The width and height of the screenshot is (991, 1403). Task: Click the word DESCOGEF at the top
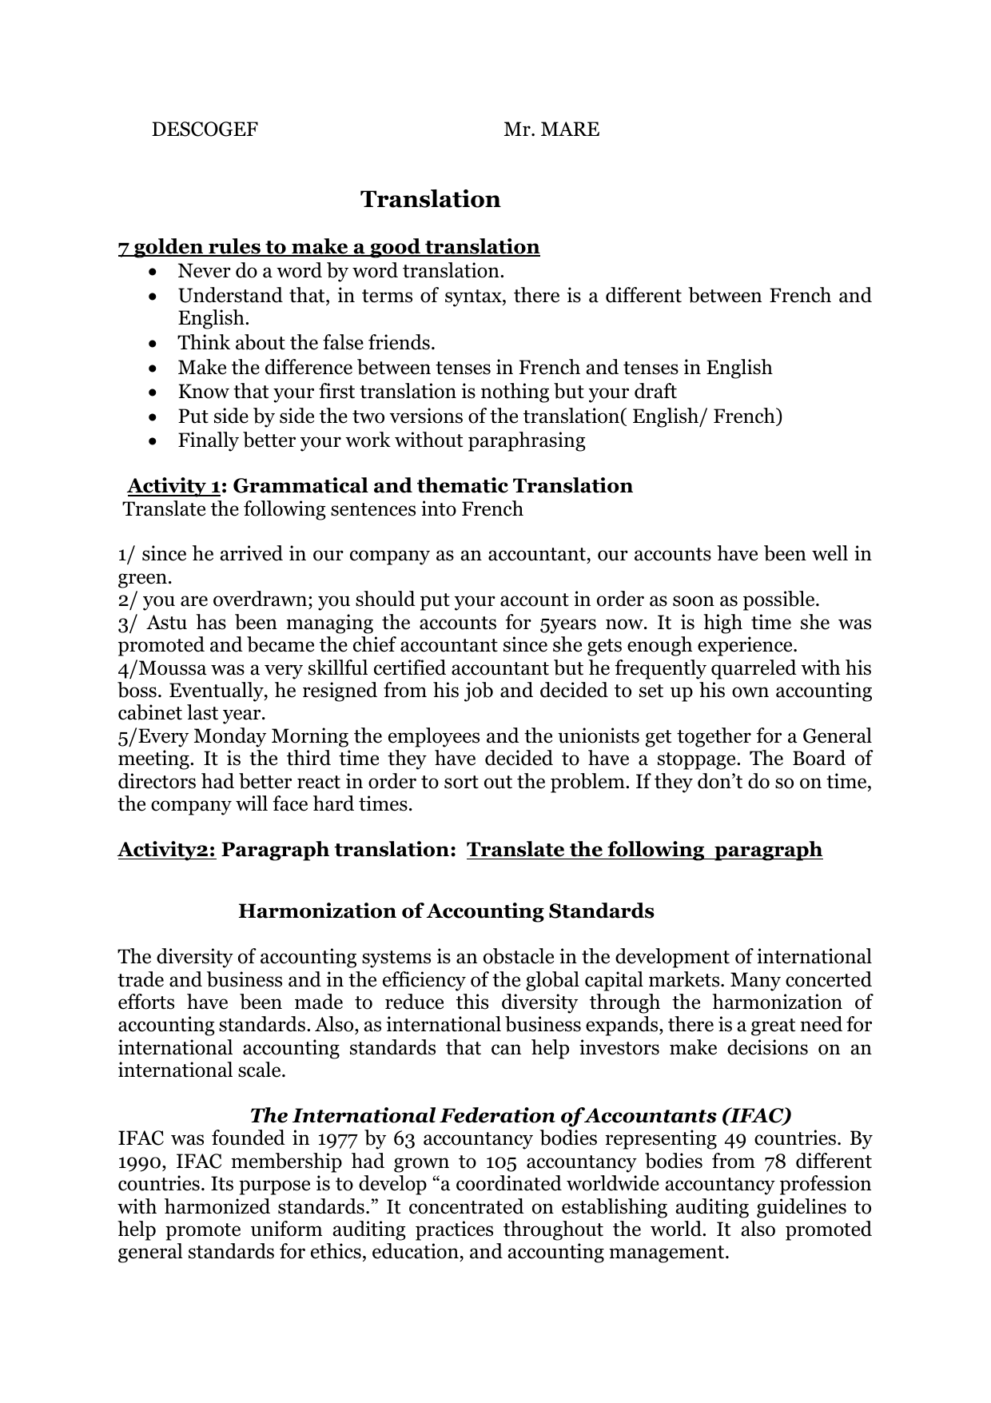pos(205,130)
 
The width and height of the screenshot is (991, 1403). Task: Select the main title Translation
pos(430,199)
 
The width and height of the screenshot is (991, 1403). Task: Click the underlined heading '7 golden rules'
pos(328,246)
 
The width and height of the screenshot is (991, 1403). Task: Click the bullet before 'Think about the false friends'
pos(153,344)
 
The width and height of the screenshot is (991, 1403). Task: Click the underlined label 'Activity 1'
pos(173,486)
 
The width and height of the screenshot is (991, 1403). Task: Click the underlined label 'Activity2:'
pos(167,849)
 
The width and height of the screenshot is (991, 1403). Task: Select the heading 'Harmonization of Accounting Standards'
pos(446,911)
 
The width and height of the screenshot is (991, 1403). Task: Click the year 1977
pos(334,1138)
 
